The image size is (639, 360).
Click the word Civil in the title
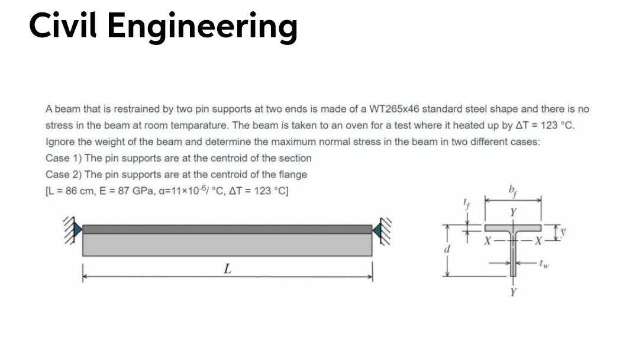64,25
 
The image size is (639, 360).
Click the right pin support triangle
376,229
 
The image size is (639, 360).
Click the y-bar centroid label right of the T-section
563,227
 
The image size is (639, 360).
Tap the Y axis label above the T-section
513,212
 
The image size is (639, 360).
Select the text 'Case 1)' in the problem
63,158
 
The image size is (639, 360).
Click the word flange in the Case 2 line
293,174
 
